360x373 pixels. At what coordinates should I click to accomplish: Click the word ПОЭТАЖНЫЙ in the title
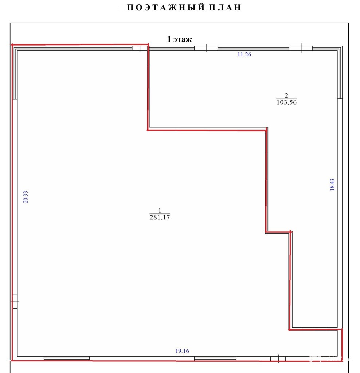point(165,8)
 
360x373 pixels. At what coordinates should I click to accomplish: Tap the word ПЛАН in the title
point(225,8)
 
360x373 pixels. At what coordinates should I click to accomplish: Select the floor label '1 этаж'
point(179,39)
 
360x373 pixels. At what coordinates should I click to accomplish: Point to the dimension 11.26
point(244,55)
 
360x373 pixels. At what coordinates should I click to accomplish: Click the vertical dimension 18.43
point(332,185)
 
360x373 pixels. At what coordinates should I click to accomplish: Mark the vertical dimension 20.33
point(26,197)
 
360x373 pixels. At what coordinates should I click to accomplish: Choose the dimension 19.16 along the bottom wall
point(182,351)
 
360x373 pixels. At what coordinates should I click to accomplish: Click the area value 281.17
point(160,217)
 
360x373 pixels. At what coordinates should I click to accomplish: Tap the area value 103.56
point(286,102)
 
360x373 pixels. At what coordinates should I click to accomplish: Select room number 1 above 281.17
point(160,211)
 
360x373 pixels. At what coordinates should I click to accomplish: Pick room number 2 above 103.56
point(286,95)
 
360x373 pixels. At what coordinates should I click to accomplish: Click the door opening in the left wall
point(15,301)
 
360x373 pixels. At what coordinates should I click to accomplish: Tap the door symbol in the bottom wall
point(278,358)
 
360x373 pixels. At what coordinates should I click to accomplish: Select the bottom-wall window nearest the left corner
point(67,358)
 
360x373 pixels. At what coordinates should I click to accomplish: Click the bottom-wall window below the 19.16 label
point(215,358)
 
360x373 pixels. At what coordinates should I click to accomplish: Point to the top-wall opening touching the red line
point(140,48)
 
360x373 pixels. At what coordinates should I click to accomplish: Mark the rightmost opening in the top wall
point(301,48)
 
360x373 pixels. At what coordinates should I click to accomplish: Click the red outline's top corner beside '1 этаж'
point(148,44)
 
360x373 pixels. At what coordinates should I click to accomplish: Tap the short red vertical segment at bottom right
point(342,345)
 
